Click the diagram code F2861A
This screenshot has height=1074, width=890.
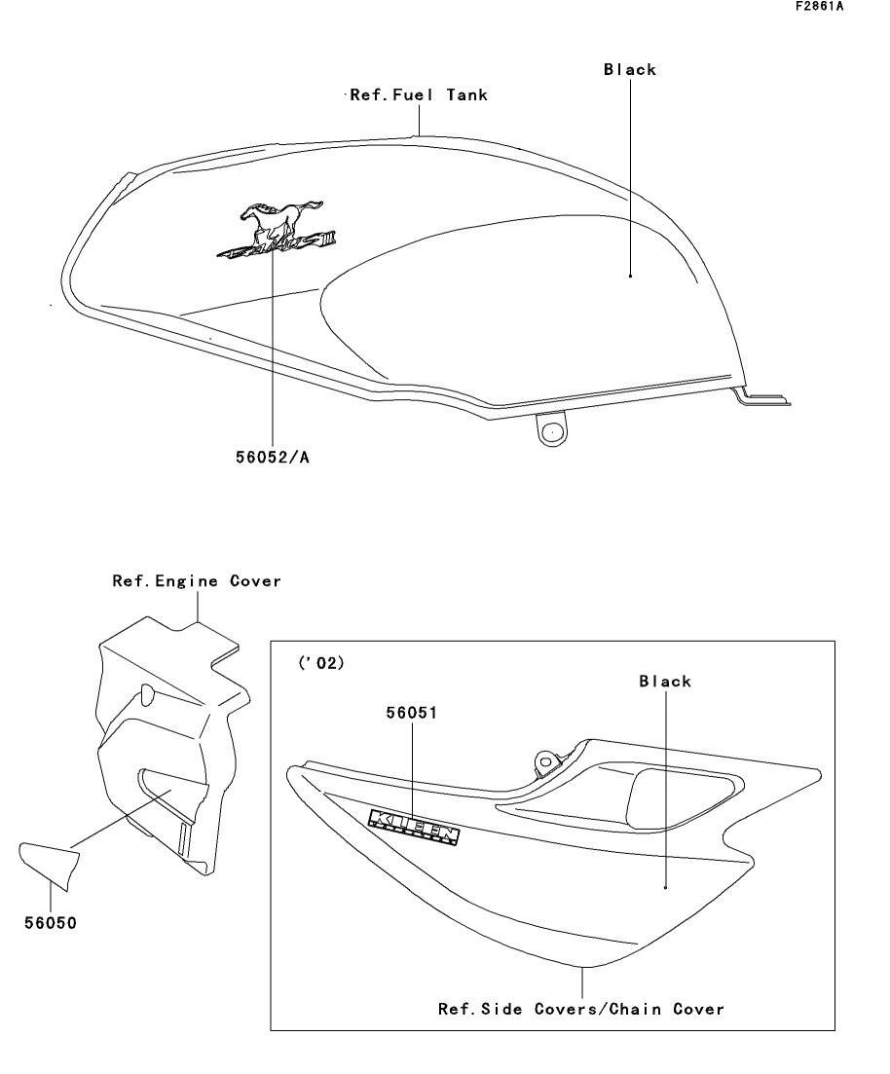click(x=819, y=6)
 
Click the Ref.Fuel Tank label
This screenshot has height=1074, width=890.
click(x=418, y=95)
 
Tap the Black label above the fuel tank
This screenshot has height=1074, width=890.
click(x=630, y=70)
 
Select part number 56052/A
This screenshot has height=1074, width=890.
click(x=272, y=457)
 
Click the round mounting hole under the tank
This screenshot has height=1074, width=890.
click(x=552, y=429)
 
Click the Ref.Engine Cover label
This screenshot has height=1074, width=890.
click(x=197, y=581)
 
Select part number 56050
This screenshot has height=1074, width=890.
click(x=51, y=922)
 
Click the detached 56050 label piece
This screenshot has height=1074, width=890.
click(x=49, y=863)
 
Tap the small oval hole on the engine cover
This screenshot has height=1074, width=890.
click(x=147, y=693)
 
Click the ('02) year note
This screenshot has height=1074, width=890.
click(x=320, y=663)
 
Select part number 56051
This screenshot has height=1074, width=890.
click(x=412, y=713)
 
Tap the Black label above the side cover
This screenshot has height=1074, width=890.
click(x=665, y=682)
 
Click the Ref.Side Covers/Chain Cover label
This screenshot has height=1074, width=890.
click(x=581, y=1009)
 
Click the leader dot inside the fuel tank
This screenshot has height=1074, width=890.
click(x=630, y=276)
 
